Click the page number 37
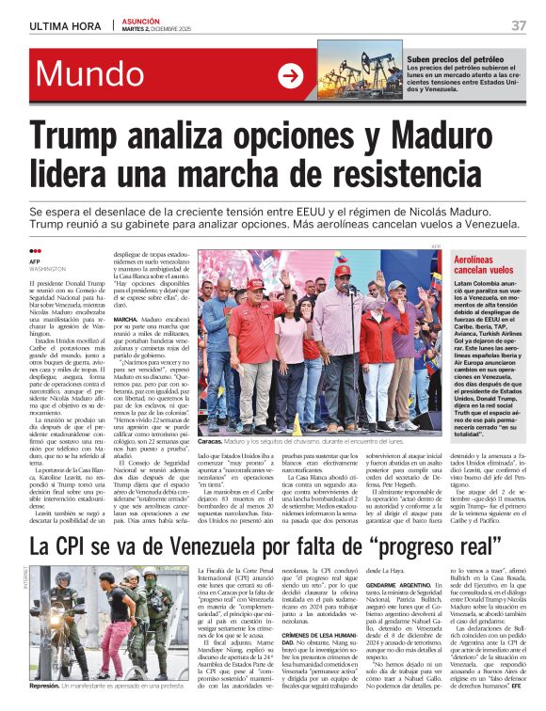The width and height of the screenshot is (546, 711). [x=519, y=25]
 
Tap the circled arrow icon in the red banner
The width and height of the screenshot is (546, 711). [x=291, y=76]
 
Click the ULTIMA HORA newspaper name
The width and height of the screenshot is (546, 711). [x=64, y=25]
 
